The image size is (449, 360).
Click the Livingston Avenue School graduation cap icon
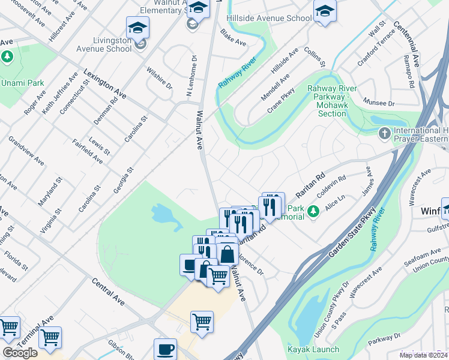pyautogui.click(x=137, y=28)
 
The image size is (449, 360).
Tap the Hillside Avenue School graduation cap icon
pyautogui.click(x=325, y=12)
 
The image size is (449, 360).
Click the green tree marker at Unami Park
pyautogui.click(x=7, y=57)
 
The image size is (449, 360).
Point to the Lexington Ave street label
pyautogui.click(x=105, y=83)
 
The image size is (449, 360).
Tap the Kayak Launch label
pyautogui.click(x=313, y=349)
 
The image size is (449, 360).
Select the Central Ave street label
pyautogui.click(x=108, y=292)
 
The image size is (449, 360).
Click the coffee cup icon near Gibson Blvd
pyautogui.click(x=165, y=349)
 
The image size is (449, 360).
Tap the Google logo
pyautogui.click(x=20, y=353)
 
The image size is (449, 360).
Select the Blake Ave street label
pyautogui.click(x=233, y=37)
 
